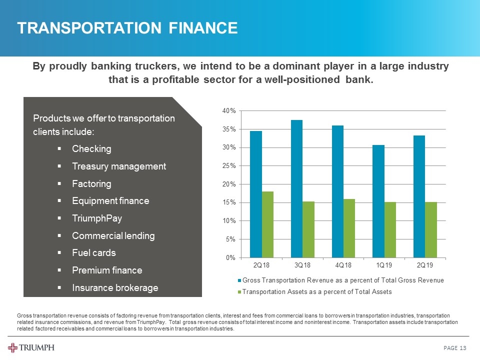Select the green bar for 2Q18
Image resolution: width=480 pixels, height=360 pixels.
click(267, 224)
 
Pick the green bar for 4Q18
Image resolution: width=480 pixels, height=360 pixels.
click(349, 228)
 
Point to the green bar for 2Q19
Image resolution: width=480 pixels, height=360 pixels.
click(431, 229)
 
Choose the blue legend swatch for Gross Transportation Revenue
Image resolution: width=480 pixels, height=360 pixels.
click(239, 280)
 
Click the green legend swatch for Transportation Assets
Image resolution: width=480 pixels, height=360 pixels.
click(239, 291)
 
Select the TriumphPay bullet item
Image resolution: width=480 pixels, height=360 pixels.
click(97, 218)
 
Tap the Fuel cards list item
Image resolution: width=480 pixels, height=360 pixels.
click(93, 253)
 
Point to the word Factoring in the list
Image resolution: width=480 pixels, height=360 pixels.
click(91, 184)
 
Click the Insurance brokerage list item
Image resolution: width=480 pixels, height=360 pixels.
click(115, 287)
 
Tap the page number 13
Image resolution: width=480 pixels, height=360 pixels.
click(462, 348)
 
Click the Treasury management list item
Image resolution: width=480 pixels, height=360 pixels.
click(119, 166)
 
